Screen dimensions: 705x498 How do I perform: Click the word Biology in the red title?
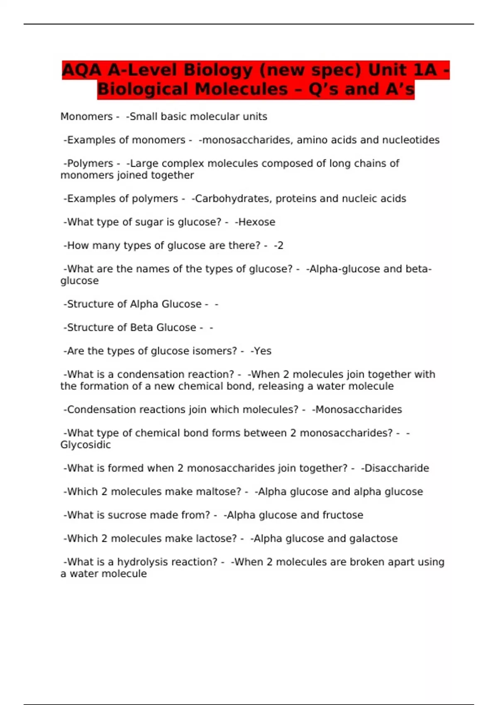point(218,70)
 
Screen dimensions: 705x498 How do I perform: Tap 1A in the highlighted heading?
point(425,70)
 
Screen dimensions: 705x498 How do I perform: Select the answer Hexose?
point(256,222)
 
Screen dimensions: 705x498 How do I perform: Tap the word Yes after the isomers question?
point(262,351)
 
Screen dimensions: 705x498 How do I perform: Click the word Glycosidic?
point(85,445)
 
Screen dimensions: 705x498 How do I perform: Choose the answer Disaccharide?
point(396,468)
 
